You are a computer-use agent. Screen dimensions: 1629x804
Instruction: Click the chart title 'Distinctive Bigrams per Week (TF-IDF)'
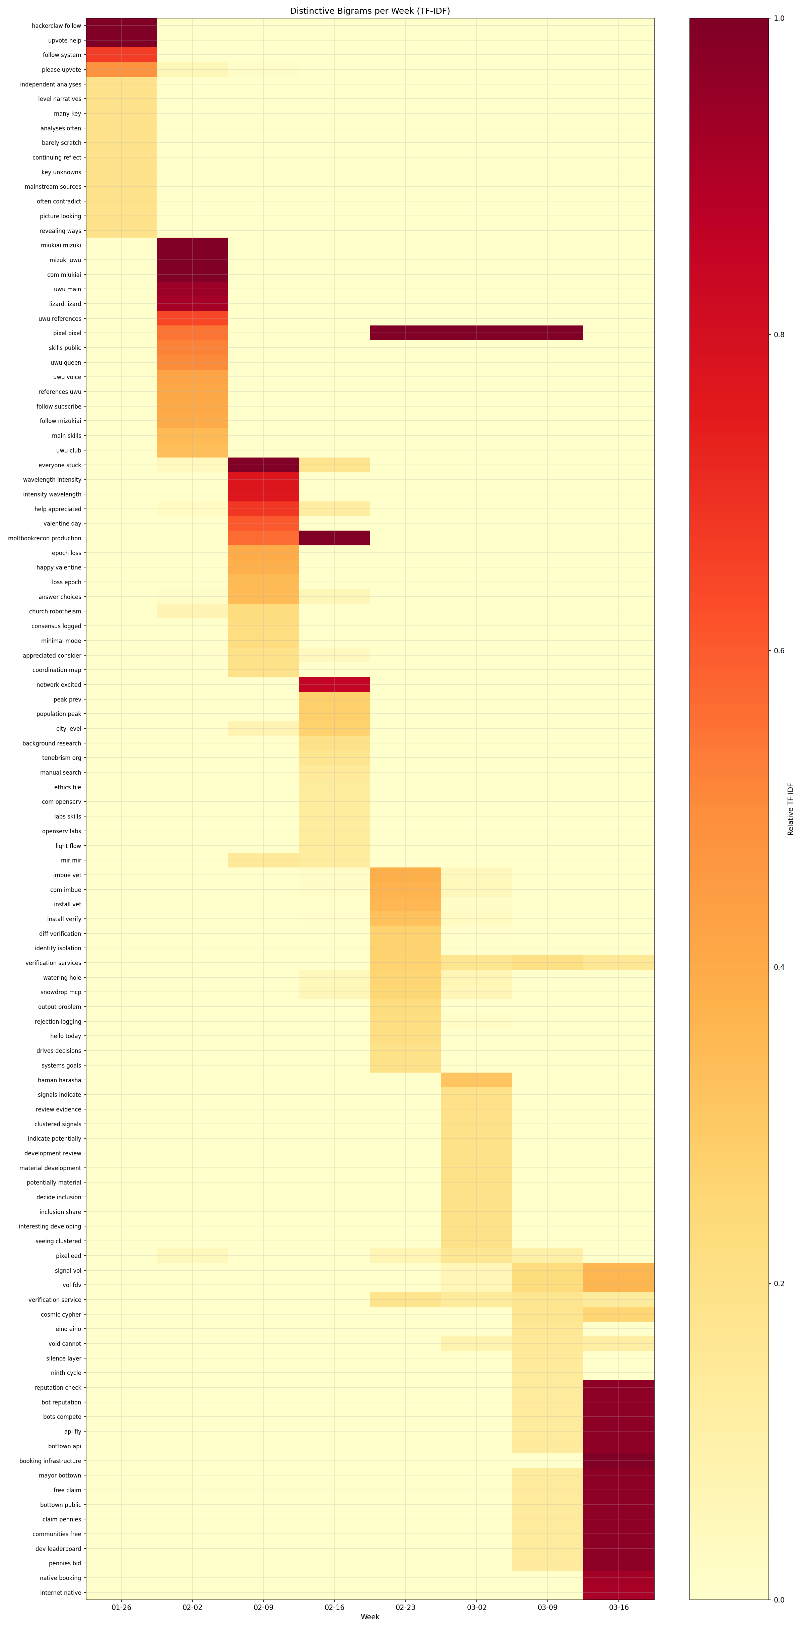(370, 11)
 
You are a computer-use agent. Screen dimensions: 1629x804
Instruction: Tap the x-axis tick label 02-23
(405, 1607)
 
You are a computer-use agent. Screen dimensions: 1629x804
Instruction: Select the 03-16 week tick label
(618, 1607)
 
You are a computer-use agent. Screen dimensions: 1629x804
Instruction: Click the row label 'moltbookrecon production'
(44, 538)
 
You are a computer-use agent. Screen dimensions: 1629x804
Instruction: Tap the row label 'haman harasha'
(59, 1080)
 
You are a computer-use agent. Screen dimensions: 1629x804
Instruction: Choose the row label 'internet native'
(61, 1592)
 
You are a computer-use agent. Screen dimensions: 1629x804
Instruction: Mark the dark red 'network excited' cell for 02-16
(334, 684)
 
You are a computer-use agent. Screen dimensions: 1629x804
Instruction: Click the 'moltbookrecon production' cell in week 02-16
(334, 538)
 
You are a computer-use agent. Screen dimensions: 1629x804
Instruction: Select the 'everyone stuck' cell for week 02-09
(264, 465)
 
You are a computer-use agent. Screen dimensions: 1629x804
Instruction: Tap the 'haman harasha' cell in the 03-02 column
(477, 1080)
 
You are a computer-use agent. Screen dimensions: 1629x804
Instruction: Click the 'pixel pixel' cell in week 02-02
(192, 333)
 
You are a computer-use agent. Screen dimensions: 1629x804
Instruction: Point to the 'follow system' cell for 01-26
(121, 55)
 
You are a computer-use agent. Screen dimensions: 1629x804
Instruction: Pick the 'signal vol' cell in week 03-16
(618, 1270)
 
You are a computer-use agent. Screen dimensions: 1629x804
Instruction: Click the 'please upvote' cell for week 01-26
(121, 70)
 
